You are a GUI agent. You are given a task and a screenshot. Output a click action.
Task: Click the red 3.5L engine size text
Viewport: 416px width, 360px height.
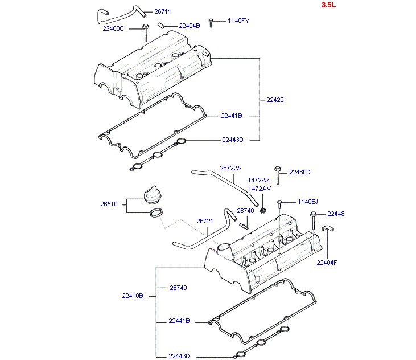point(328,5)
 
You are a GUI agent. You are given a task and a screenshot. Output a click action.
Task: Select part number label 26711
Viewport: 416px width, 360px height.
point(163,11)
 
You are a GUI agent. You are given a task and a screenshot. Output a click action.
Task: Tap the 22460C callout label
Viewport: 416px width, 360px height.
point(113,28)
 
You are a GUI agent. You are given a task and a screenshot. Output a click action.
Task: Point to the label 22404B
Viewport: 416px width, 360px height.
point(190,26)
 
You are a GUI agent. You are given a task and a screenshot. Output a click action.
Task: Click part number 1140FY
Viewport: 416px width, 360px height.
point(238,21)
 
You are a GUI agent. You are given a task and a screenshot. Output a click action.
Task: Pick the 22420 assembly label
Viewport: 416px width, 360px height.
point(275,100)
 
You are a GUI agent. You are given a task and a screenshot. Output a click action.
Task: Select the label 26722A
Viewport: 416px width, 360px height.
point(230,168)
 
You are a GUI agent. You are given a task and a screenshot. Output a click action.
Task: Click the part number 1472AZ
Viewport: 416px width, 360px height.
point(259,180)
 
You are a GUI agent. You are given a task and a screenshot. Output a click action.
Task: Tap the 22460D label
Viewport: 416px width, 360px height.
point(300,172)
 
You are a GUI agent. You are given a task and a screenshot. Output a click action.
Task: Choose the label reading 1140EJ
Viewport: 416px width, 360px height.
point(308,202)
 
